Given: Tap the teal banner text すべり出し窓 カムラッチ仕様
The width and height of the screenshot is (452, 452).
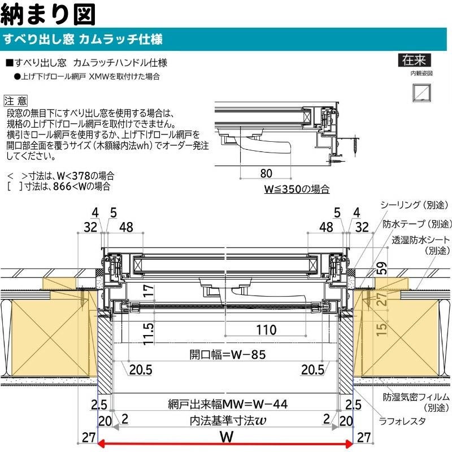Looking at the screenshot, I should coord(83,40).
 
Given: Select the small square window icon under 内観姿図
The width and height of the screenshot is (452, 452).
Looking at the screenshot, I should coord(420,92).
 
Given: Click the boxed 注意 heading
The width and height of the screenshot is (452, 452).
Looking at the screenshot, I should coord(16,101).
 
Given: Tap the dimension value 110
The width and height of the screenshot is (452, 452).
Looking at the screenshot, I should coord(265,329).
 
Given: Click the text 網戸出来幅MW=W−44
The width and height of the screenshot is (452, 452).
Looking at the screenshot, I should coord(228,404).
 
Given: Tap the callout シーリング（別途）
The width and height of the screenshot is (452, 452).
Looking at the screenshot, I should coord(416,205).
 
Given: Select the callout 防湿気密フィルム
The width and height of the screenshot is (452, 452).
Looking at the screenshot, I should coord(415,397).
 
